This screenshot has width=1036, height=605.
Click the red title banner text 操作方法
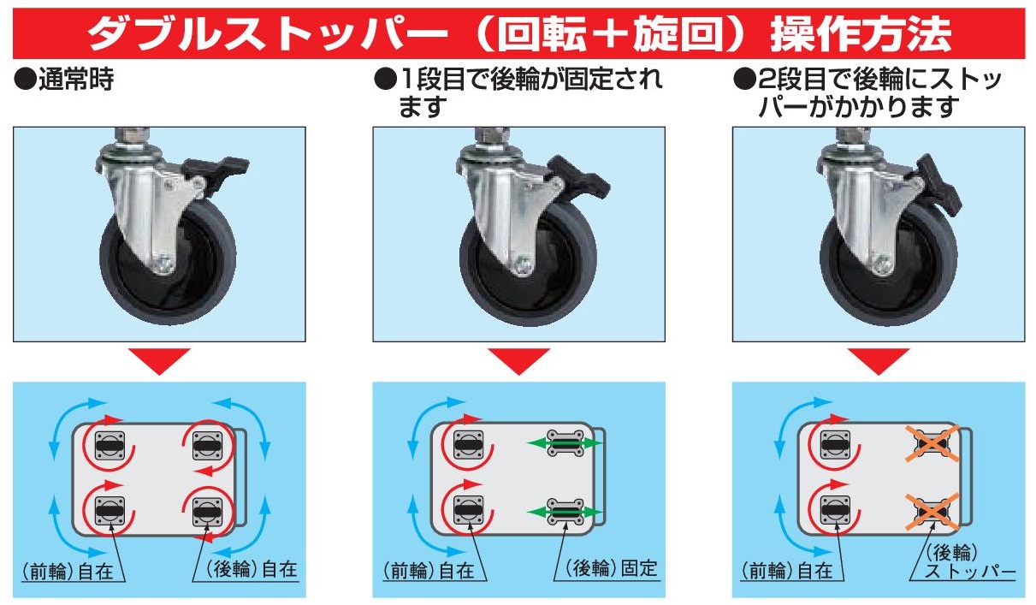point(861,34)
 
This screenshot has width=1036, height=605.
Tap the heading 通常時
point(76,79)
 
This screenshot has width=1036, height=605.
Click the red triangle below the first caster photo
point(160,361)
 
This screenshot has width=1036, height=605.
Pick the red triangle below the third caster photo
point(879,361)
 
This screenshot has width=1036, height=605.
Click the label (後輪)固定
point(612,568)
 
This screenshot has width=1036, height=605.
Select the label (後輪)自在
point(252,569)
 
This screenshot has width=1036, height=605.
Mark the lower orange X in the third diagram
point(932,512)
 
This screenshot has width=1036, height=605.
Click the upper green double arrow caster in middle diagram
point(565,443)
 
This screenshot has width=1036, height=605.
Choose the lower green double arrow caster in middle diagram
point(565,512)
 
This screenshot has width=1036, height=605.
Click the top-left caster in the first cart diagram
point(110,446)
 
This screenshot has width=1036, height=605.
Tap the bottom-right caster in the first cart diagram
point(208,512)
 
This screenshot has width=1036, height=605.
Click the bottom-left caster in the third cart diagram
point(835,511)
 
